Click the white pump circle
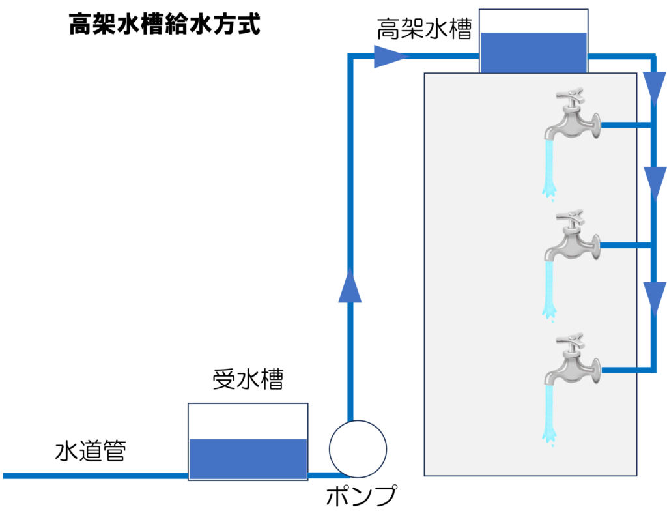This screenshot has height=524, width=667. pyautogui.click(x=358, y=448)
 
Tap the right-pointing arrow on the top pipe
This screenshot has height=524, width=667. pyautogui.click(x=388, y=57)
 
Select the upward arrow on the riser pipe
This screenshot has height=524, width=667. pyautogui.click(x=350, y=287)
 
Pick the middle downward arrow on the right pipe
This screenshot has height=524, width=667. pyautogui.click(x=654, y=182)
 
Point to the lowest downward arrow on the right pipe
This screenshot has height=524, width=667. pyautogui.click(x=654, y=297)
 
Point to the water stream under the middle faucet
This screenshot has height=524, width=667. pyautogui.click(x=550, y=290)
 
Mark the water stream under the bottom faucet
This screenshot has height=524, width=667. pyautogui.click(x=550, y=414)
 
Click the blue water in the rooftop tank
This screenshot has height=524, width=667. pyautogui.click(x=533, y=52)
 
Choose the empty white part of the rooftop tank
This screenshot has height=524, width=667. pyautogui.click(x=533, y=21)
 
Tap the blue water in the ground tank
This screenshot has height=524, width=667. pyautogui.click(x=248, y=459)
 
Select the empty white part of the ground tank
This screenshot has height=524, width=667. pyautogui.click(x=248, y=421)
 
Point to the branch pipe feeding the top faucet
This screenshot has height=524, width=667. pyautogui.click(x=625, y=124)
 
